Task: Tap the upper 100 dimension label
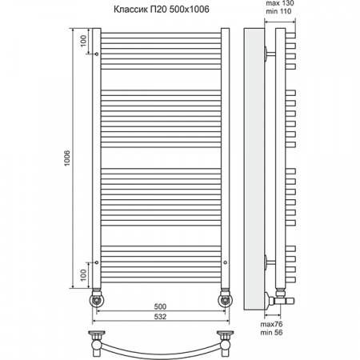tap(83, 40)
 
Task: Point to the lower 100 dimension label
tap(83, 275)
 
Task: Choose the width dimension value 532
tap(160, 318)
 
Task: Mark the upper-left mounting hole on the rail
tap(96, 54)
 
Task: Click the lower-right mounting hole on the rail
tap(225, 262)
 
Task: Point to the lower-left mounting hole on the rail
tap(96, 262)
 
